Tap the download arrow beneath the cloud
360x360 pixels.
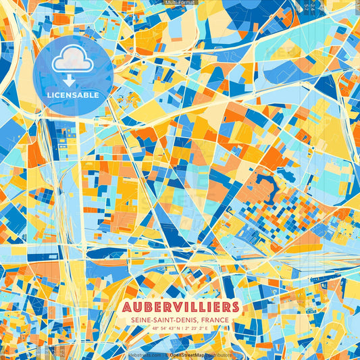(70, 80)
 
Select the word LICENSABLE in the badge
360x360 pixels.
(73, 95)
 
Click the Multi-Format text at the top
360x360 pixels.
(180, 3)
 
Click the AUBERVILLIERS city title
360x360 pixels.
(180, 307)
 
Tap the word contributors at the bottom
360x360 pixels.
(217, 355)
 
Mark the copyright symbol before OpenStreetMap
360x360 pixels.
(166, 355)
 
